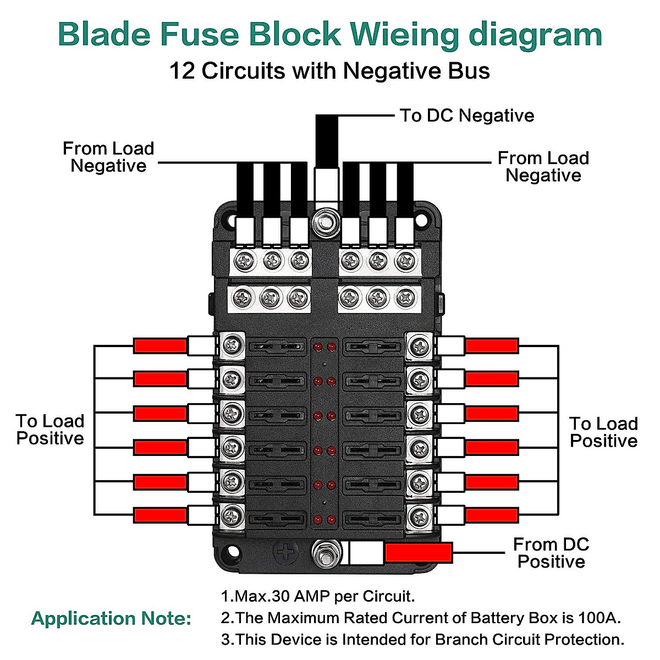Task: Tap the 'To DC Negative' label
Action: pos(466,116)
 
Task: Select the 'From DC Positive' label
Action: pos(551,553)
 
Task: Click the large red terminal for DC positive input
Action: pos(419,553)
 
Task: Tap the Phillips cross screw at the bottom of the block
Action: pos(287,552)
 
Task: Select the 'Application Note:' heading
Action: pos(111,618)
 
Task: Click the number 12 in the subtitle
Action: pos(182,71)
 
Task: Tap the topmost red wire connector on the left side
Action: pos(160,346)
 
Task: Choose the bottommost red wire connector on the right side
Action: pos(492,515)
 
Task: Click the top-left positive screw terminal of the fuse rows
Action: pos(233,346)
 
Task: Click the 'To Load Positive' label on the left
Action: pos(50,430)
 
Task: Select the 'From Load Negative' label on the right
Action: pos(543,167)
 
